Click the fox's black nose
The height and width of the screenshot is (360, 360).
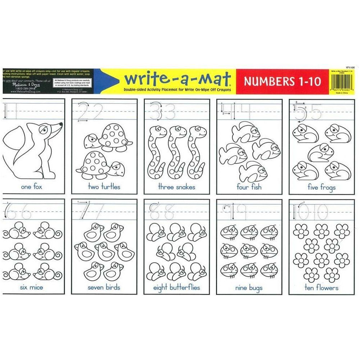(61, 124)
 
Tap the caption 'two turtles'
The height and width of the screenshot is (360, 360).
(104, 187)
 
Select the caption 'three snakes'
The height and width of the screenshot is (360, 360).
(176, 187)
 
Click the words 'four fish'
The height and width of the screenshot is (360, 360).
(249, 187)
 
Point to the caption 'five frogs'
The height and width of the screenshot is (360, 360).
(322, 187)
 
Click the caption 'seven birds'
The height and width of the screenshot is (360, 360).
(104, 287)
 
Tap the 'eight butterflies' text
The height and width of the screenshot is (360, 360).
(176, 288)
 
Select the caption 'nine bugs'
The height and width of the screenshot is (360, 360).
(249, 288)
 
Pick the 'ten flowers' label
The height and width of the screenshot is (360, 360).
(322, 288)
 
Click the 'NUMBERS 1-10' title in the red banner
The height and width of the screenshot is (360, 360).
(282, 81)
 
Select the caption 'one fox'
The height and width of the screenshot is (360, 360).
(32, 187)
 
